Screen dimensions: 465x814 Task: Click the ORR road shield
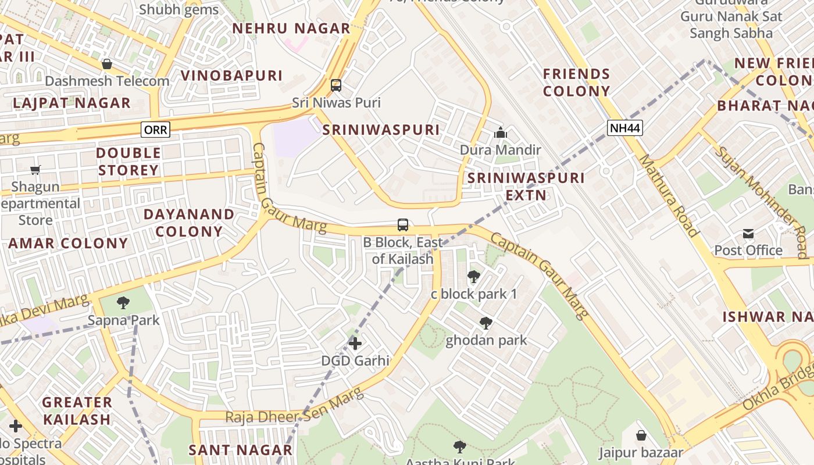coord(155,130)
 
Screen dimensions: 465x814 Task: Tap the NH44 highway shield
coord(625,128)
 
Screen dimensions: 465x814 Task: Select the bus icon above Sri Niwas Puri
coord(336,85)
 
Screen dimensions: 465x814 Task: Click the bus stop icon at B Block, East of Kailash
coord(402,224)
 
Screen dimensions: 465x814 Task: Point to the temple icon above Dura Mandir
coord(500,133)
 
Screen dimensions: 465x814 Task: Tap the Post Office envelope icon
coord(748,234)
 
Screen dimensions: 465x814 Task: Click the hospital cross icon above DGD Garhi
coord(355,344)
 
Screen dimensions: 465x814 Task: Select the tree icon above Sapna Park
coord(123,303)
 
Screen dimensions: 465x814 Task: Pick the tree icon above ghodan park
coord(486,323)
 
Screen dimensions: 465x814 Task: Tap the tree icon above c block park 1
coord(474,277)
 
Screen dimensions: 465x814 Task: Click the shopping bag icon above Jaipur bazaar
coord(641,435)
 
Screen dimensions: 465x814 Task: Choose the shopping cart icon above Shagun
coord(35,170)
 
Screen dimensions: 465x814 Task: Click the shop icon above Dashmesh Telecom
coord(106,64)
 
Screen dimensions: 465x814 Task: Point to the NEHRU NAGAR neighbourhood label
coord(291,28)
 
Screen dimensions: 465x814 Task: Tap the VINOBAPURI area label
coord(231,76)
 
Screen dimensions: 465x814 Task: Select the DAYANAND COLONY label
coord(189,223)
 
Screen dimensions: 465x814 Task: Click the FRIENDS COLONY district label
coord(576,83)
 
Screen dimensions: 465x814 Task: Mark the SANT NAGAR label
coord(240,450)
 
